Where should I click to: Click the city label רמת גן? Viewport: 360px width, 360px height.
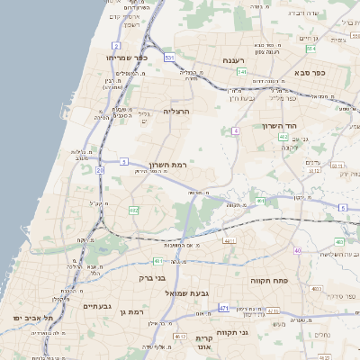tap(131, 311)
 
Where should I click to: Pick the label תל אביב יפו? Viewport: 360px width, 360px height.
tap(34, 319)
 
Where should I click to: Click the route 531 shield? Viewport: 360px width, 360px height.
tap(169, 57)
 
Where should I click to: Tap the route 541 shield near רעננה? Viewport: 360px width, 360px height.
tap(243, 71)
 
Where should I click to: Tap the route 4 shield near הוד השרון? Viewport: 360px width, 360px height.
tap(236, 131)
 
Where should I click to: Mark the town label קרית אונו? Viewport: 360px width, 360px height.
tap(203, 344)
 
